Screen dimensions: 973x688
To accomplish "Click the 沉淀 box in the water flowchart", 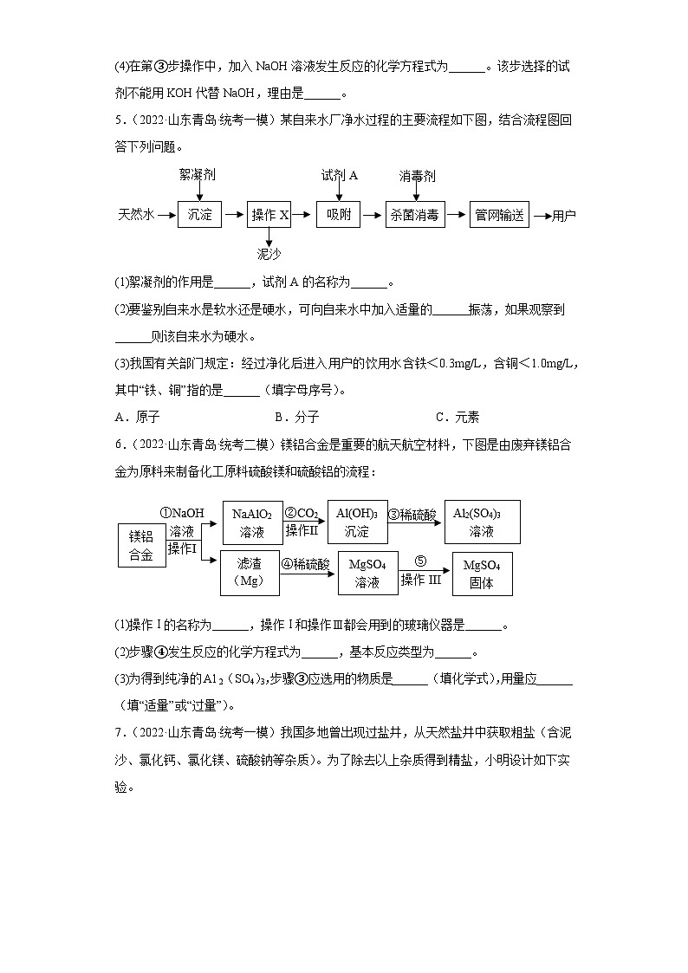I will pyautogui.click(x=200, y=215).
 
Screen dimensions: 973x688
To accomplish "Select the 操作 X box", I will pyautogui.click(x=269, y=215).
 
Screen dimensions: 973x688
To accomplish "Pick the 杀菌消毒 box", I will pyautogui.click(x=414, y=215).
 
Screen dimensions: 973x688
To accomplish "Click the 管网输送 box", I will pyautogui.click(x=499, y=215).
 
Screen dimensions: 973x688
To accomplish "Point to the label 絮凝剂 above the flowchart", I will pyautogui.click(x=198, y=175).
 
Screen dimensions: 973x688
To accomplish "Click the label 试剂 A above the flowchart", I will pyautogui.click(x=340, y=175).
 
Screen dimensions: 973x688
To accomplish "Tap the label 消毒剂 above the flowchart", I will pyautogui.click(x=418, y=176).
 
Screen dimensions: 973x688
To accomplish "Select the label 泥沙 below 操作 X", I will pyautogui.click(x=269, y=254).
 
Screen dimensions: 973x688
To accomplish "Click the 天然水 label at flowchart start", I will pyautogui.click(x=136, y=215).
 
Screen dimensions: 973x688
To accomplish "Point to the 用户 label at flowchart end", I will pyautogui.click(x=564, y=216).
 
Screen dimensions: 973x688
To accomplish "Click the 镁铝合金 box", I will pyautogui.click(x=141, y=546).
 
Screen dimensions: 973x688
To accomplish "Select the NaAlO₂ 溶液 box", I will pyautogui.click(x=252, y=522).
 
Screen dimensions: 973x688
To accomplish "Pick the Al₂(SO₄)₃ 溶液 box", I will pyautogui.click(x=482, y=522).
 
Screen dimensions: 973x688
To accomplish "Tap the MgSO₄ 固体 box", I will pyautogui.click(x=482, y=574).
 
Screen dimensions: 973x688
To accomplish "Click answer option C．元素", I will pyautogui.click(x=457, y=417).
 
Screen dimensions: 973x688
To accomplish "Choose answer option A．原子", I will pyautogui.click(x=137, y=417).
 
